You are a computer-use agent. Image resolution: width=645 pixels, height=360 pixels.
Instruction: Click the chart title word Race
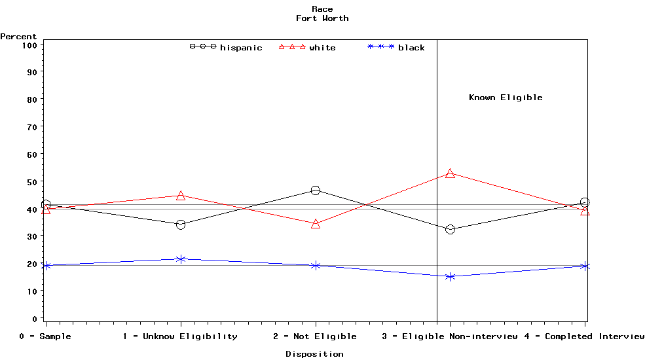[x=322, y=9]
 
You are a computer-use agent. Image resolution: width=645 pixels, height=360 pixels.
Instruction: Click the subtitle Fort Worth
[x=322, y=18]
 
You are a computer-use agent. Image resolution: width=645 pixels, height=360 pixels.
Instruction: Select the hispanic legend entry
[x=226, y=47]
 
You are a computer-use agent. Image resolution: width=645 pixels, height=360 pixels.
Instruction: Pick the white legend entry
[x=308, y=47]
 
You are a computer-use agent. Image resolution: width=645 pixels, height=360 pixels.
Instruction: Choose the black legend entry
[x=397, y=47]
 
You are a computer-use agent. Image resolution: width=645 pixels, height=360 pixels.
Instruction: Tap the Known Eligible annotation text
[x=506, y=98]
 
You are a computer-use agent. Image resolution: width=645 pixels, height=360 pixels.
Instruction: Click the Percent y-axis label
[x=18, y=37]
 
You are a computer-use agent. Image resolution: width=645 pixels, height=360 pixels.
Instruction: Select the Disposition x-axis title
[x=314, y=354]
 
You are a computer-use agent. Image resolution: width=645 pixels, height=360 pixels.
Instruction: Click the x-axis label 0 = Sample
[x=45, y=336]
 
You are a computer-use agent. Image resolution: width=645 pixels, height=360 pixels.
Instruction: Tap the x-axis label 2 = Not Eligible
[x=315, y=336]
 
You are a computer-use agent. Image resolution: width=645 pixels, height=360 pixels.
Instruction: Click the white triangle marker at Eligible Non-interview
[x=450, y=173]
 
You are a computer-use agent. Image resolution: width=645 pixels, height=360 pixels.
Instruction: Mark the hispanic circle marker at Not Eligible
[x=316, y=190]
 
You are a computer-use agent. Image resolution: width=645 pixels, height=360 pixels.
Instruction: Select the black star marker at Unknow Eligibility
[x=181, y=259]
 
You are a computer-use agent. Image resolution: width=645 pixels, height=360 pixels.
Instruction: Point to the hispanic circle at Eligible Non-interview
[x=450, y=230]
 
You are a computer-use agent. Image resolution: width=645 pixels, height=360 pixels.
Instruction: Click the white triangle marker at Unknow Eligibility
[x=181, y=196]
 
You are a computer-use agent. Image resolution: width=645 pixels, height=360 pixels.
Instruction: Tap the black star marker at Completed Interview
[x=585, y=266]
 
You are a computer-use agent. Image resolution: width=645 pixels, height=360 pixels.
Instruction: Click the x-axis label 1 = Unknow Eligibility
[x=180, y=336]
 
